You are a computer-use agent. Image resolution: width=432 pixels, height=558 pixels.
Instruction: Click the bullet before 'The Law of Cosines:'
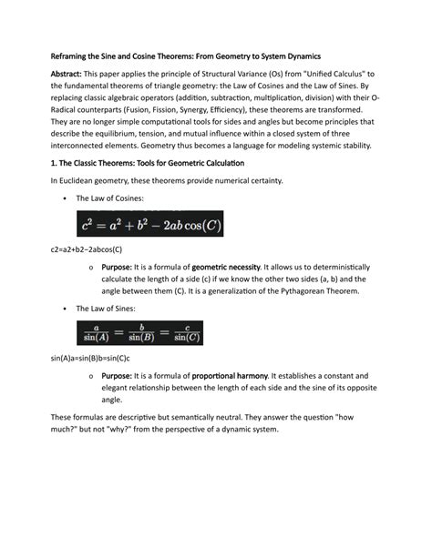64,198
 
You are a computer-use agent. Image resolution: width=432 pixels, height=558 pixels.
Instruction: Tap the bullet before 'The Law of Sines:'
64,309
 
